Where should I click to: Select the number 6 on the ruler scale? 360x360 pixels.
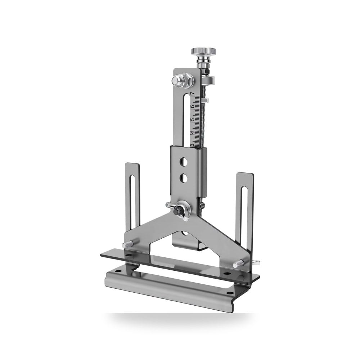point(192,107)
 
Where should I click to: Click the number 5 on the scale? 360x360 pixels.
point(192,120)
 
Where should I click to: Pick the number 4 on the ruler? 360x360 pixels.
point(192,132)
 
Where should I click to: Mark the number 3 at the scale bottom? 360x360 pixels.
point(192,145)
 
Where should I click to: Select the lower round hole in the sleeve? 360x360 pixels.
point(184,178)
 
